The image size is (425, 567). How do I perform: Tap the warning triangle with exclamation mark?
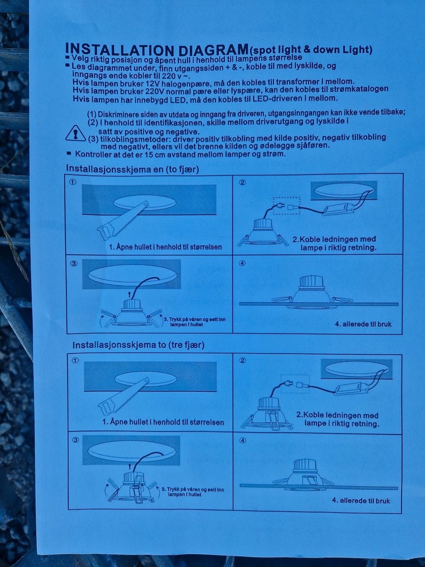click(x=75, y=133)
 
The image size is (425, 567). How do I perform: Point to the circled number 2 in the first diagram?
click(x=242, y=183)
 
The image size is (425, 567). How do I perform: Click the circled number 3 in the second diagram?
click(x=75, y=440)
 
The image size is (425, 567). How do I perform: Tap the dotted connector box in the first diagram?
click(x=287, y=206)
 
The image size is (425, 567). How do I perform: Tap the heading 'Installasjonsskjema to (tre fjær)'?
click(x=138, y=345)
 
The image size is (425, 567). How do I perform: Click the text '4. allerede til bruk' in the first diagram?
click(x=363, y=324)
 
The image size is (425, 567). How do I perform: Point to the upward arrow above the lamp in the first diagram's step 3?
click(x=129, y=295)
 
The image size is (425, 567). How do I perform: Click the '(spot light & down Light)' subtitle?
click(x=310, y=50)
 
